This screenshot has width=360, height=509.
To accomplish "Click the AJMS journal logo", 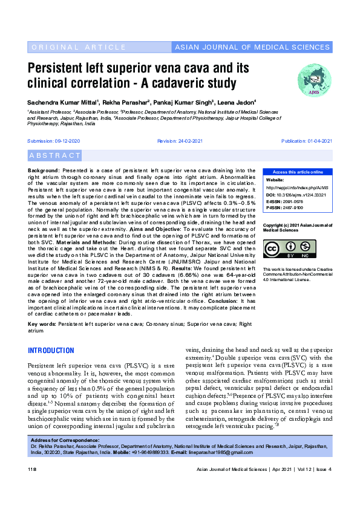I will click(314, 79).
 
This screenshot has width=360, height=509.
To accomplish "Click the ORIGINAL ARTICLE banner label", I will click(70, 47).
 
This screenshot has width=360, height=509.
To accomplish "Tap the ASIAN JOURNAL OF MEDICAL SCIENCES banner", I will click(252, 47).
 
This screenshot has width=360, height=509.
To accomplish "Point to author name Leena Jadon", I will click(238, 102).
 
